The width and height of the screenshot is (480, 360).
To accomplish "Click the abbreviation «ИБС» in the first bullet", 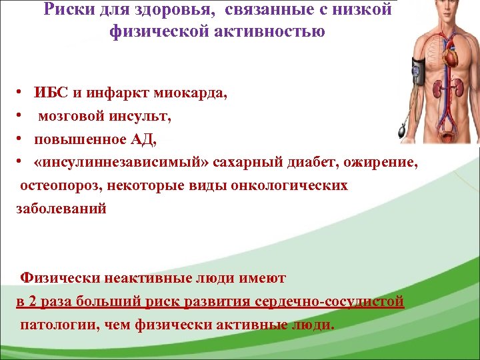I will pyautogui.click(x=50, y=94).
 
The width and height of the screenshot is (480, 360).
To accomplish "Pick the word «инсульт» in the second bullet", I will pyautogui.click(x=137, y=117).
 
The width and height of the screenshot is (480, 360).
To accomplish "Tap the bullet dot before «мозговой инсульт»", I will pyautogui.click(x=21, y=117).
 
